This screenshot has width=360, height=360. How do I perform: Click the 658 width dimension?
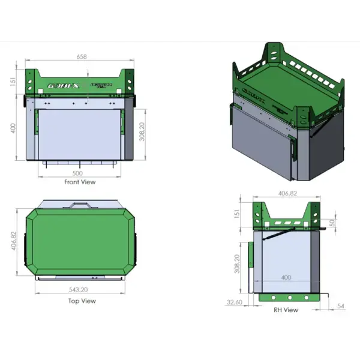pos(82,56)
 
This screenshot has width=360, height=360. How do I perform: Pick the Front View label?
pos(80,182)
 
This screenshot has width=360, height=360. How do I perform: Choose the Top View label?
pos(82,301)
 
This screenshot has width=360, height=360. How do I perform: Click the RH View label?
pos(286,310)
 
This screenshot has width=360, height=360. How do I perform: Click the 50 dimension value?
pos(333,223)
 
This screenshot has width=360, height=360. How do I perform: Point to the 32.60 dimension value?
pos(235,302)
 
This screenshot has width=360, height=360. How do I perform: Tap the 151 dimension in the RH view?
pos(236,214)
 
